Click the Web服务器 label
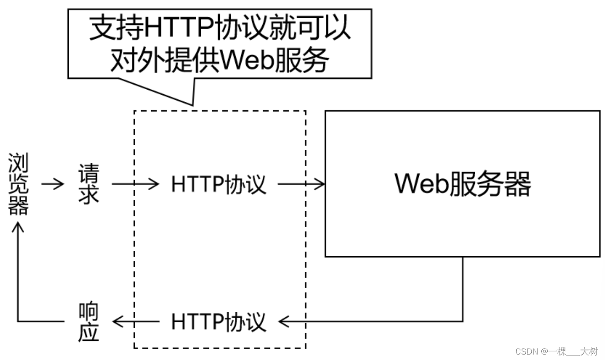[x=463, y=184]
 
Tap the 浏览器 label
[x=19, y=184]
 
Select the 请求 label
[x=88, y=184]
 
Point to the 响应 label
[x=88, y=322]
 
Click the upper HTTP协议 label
[x=219, y=184]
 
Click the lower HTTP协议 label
[x=219, y=322]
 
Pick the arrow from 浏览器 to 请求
[x=53, y=184]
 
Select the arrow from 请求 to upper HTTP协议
[x=135, y=184]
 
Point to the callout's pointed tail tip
[x=192, y=105]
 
